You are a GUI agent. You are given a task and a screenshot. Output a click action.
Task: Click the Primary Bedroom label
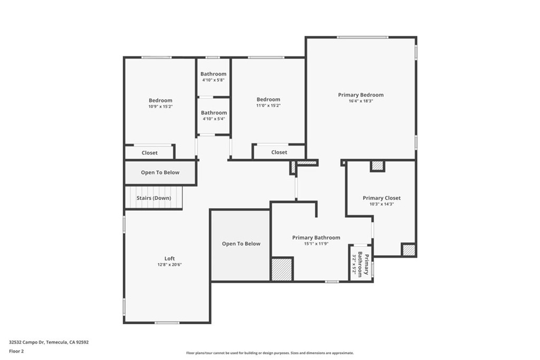(361, 95)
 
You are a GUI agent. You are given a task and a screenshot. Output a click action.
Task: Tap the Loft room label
(169, 258)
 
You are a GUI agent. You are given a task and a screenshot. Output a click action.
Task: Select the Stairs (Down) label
(153, 198)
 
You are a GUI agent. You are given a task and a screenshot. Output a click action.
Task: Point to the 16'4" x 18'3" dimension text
(361, 101)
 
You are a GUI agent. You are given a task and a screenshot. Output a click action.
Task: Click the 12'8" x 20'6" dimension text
(169, 265)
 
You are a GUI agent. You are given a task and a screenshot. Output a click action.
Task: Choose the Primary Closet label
(382, 198)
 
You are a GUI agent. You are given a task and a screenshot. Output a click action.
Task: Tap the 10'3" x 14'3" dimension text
(382, 204)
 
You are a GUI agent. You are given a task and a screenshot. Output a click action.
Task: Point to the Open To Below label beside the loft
(241, 244)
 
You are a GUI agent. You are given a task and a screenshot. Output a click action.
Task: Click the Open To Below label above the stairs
(160, 172)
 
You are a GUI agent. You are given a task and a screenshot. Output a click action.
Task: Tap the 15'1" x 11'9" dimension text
(316, 244)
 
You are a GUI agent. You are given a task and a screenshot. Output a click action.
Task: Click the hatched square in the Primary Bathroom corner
(282, 269)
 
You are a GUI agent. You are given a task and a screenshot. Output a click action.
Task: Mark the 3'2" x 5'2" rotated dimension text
(354, 264)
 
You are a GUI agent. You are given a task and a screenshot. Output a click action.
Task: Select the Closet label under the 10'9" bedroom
(149, 153)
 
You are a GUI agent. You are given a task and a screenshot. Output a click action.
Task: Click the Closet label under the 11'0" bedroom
(279, 152)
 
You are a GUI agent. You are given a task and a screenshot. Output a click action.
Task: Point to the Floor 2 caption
(16, 352)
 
